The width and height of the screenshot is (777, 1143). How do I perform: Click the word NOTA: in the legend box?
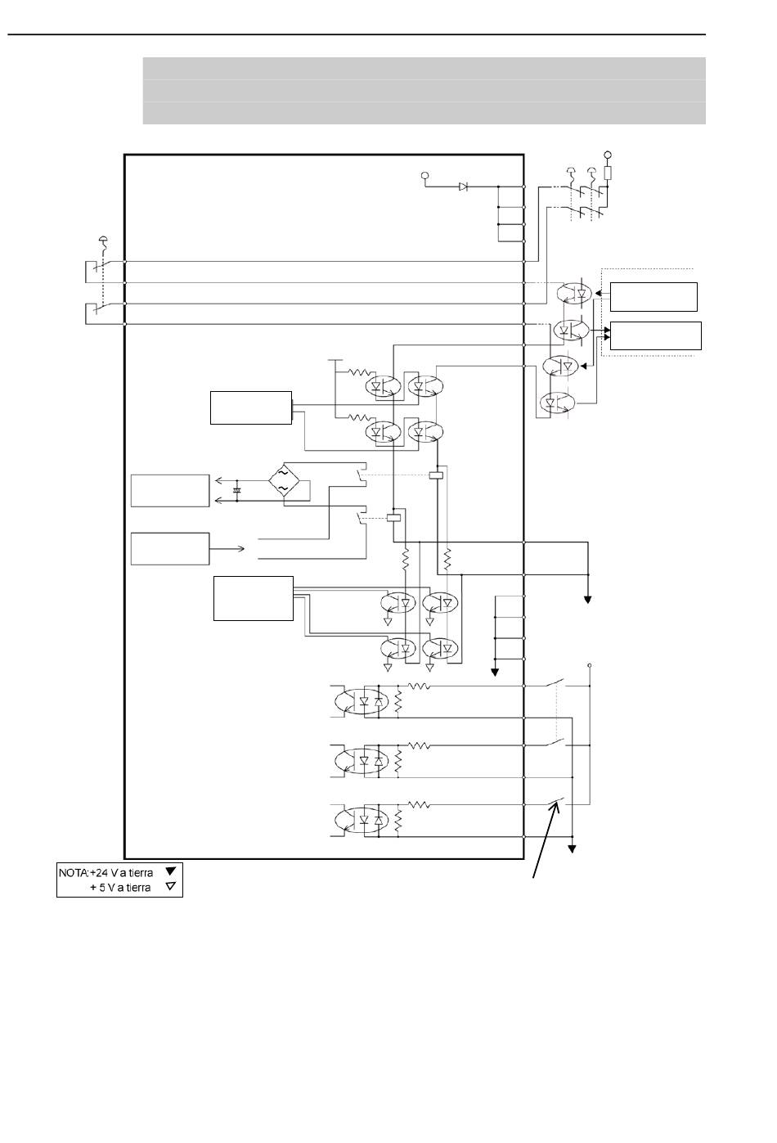pos(74,872)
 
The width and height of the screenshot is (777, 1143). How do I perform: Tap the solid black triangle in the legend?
pos(171,871)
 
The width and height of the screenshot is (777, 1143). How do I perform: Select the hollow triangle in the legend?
pos(171,886)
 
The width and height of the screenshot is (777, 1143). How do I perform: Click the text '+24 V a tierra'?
pos(121,872)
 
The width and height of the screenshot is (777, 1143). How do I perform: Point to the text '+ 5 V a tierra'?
pos(120,888)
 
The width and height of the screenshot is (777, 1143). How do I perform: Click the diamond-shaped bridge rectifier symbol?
pos(284,480)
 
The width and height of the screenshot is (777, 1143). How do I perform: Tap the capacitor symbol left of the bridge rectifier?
pos(236,490)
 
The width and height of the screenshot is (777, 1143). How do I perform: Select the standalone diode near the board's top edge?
pos(463,187)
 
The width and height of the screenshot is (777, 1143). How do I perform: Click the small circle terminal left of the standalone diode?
pos(424,176)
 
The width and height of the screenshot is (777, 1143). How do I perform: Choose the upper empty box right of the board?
pos(653,297)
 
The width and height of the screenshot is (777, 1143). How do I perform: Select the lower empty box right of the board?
pos(656,335)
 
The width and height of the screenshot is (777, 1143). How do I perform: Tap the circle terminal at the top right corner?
pos(607,155)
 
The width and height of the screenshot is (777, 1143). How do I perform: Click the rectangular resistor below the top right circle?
pos(607,173)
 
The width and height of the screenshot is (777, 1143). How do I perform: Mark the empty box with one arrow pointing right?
pos(170,549)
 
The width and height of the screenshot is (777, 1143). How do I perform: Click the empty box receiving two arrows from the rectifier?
pos(170,491)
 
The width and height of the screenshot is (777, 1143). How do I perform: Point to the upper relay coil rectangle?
pos(436,475)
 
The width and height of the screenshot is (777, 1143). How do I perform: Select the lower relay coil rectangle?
pos(394,518)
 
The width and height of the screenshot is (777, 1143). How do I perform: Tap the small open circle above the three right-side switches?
pos(590,665)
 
